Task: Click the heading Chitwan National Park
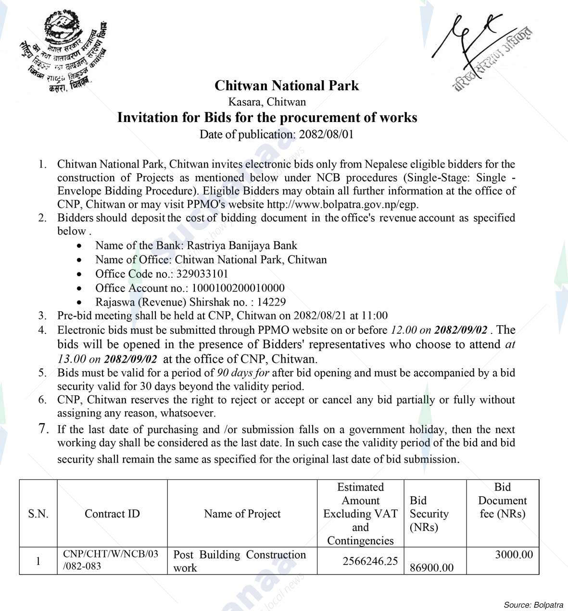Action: [286, 86]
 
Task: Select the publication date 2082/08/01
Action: [326, 134]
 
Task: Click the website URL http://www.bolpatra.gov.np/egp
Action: [342, 204]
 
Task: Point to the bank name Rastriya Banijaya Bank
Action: [242, 245]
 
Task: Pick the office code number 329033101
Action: [202, 274]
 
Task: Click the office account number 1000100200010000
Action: [238, 288]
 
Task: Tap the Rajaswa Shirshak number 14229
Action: [271, 302]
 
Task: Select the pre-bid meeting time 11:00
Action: [374, 316]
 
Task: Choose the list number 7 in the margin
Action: [44, 428]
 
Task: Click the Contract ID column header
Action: [112, 513]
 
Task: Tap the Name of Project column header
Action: [242, 513]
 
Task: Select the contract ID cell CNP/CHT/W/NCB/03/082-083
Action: [111, 560]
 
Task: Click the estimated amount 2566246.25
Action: [370, 561]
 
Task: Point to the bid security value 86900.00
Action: [431, 568]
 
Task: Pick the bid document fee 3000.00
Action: [514, 555]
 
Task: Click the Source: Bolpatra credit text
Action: [533, 604]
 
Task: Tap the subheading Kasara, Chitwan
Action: [267, 102]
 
